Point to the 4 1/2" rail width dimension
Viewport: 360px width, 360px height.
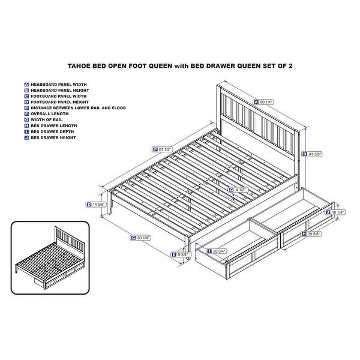pos(239,190)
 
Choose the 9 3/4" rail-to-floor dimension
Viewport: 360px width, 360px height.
pos(181,254)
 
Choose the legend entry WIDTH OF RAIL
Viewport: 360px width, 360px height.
pos(49,119)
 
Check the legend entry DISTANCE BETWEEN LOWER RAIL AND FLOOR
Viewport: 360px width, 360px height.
pos(78,107)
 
